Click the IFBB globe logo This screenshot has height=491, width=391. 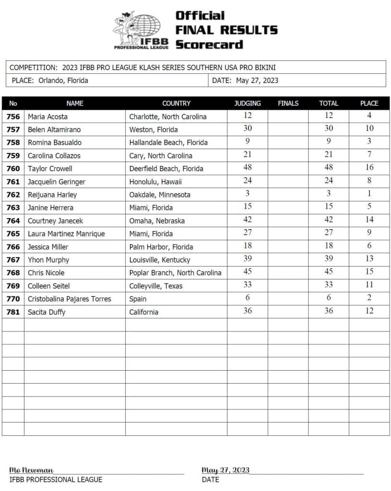point(142,30)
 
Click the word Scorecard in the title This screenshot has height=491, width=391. point(209,45)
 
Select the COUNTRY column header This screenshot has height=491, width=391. point(176,103)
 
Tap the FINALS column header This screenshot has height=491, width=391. point(288,103)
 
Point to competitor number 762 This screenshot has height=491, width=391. point(13,195)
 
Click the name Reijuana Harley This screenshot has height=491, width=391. point(52,195)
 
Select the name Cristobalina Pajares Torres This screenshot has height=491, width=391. point(69,299)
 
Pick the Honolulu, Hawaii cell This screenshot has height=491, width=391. point(155,182)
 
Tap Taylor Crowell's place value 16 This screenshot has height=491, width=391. point(369,167)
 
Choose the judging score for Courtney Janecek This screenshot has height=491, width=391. point(247,220)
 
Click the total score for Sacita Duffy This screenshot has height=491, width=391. point(329,311)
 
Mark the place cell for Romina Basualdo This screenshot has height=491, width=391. point(369,141)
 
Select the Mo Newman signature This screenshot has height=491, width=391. point(32,470)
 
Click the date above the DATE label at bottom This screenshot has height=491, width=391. point(225,470)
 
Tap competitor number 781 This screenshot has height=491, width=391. point(13,312)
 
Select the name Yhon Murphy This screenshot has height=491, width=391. point(48,260)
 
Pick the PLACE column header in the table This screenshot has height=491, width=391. point(369,103)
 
